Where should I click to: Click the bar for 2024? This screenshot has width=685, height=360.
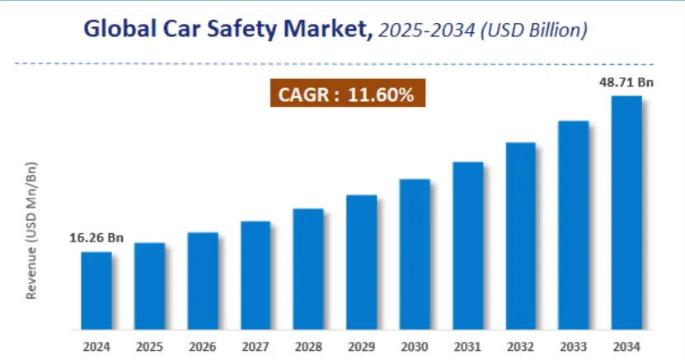[96, 290]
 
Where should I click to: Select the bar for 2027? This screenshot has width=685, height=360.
[256, 275]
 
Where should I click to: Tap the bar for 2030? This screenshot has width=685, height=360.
[415, 254]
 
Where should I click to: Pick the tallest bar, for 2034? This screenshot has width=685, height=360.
[626, 213]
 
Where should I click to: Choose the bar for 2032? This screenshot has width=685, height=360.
[520, 236]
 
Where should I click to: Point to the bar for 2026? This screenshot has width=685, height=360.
[202, 281]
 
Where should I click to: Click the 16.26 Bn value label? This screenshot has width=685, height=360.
[96, 238]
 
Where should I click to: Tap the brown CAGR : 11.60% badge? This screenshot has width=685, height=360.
[347, 95]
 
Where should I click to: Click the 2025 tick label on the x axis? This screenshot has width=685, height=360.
[149, 346]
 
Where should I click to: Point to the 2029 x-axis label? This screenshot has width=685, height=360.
[361, 346]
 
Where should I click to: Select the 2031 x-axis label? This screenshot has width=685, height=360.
[467, 346]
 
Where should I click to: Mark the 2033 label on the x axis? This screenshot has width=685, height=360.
[574, 346]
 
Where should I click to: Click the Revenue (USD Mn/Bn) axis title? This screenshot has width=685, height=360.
[32, 230]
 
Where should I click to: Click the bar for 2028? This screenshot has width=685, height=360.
[308, 269]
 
